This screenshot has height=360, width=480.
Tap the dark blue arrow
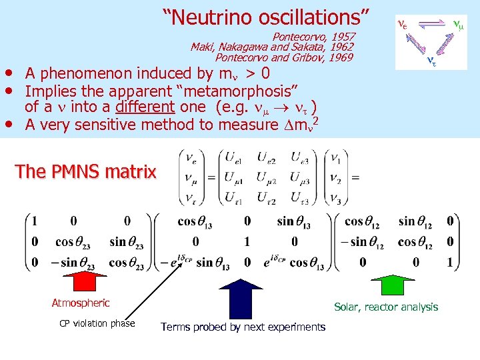(241, 297)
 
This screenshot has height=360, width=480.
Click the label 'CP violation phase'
(97, 323)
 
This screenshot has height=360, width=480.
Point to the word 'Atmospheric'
(81, 303)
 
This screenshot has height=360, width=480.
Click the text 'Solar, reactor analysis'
(386, 307)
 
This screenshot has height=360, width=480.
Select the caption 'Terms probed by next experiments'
(243, 327)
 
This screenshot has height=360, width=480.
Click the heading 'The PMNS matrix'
(85, 171)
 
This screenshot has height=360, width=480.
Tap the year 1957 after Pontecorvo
(343, 37)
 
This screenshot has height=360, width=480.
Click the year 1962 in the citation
(341, 47)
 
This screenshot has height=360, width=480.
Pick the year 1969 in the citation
(340, 57)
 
